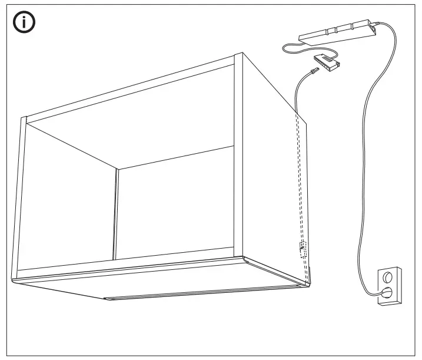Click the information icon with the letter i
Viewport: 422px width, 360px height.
coord(22,24)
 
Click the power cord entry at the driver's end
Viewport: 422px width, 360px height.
coord(373,25)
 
